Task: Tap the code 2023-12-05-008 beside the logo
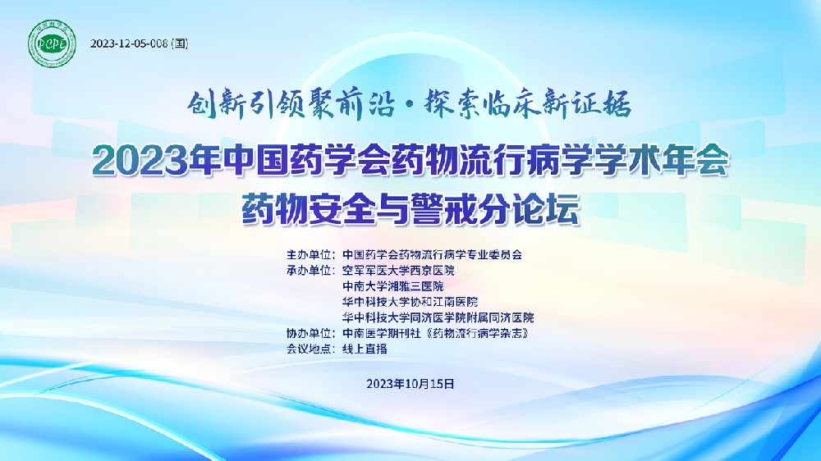(x=129, y=43)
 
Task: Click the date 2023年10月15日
(x=410, y=383)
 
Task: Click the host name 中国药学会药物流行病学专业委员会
(x=433, y=255)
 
